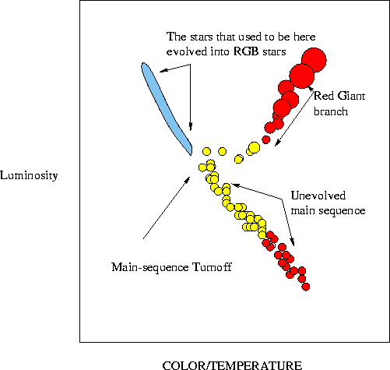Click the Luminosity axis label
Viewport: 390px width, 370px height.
coord(29,176)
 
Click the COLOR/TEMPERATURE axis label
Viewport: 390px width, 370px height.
coord(232,365)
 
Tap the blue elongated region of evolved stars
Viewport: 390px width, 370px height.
coord(166,108)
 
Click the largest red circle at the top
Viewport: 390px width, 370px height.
coord(314,60)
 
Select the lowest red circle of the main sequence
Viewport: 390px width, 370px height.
coord(306,287)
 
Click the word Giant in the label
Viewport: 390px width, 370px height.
coord(351,96)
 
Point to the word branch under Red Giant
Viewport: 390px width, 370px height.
coord(331,111)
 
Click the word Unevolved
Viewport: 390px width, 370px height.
coord(318,196)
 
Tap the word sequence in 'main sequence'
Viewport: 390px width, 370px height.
coord(342,210)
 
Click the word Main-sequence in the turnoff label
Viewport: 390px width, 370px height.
coord(150,267)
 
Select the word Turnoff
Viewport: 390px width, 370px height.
coord(212,267)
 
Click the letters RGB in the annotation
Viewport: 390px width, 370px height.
coord(246,51)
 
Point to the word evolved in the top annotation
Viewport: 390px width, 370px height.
coord(187,51)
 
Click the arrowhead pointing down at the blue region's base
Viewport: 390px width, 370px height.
coord(191,126)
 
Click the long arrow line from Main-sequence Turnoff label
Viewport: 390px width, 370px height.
coord(167,207)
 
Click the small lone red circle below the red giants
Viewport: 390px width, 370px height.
coord(265,139)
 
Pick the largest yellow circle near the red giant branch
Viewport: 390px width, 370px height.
coord(254,147)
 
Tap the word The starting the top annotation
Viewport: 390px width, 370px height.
coord(177,37)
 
